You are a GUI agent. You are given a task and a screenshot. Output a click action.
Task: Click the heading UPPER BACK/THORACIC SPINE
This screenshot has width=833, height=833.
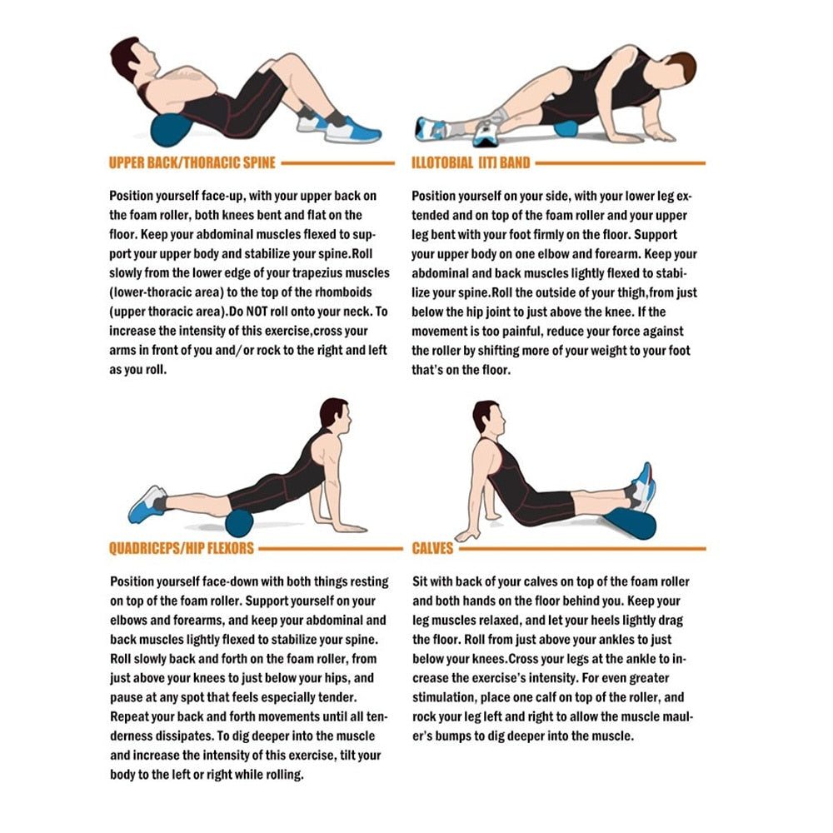[x=192, y=162]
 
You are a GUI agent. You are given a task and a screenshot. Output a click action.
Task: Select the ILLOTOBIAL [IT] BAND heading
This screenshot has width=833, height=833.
[x=471, y=162]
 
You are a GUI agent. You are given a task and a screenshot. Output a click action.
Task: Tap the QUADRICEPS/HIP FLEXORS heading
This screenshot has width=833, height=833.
[x=182, y=549]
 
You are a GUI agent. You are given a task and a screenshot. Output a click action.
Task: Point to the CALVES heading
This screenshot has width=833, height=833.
[x=432, y=549]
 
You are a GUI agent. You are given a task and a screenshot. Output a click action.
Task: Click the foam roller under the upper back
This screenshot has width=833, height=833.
[x=170, y=131]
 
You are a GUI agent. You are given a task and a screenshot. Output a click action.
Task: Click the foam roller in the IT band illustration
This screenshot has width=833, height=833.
[x=566, y=130]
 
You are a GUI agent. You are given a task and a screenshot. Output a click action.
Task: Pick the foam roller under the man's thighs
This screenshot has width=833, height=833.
[x=239, y=523]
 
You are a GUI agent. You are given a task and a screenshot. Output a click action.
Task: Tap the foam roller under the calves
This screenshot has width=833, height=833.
[x=631, y=523]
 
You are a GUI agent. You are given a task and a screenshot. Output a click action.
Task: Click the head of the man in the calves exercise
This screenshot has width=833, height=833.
[x=486, y=416]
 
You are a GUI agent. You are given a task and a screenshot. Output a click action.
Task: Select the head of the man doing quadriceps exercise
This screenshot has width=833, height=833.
[x=335, y=414]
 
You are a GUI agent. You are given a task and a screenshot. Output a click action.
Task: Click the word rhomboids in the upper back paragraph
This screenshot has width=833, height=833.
[x=345, y=292]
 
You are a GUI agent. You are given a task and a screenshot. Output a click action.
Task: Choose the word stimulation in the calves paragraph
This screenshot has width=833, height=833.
[x=449, y=698]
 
